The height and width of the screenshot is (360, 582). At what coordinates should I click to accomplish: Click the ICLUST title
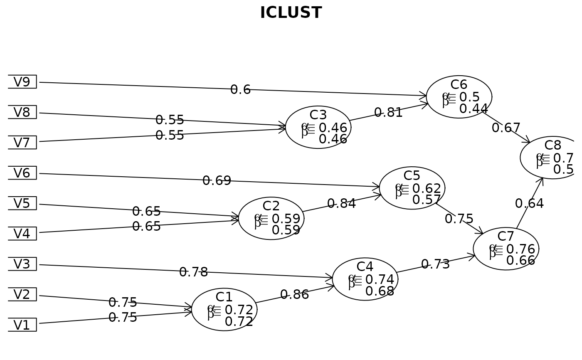point(291,13)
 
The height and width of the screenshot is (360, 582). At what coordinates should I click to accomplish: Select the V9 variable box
point(22,82)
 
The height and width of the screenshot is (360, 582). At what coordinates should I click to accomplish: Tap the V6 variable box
point(22,173)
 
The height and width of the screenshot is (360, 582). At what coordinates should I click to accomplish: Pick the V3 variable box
point(22,264)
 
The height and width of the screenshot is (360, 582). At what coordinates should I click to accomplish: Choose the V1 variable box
point(22,325)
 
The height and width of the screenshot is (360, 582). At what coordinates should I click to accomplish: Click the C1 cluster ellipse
point(224,310)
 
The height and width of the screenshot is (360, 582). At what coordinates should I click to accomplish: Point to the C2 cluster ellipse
point(271,218)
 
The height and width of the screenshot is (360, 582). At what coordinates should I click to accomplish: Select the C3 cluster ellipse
point(318,127)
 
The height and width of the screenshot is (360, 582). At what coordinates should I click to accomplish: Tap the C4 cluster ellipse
point(365,279)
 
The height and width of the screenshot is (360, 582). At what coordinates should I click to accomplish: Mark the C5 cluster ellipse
point(412,188)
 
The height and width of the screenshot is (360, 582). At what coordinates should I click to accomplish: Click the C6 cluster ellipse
point(459,97)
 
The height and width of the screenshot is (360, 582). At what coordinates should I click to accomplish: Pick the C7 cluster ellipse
point(506,249)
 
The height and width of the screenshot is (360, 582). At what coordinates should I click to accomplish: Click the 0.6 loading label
point(240,90)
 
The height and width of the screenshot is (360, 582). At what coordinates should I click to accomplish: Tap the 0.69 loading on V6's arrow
point(217,181)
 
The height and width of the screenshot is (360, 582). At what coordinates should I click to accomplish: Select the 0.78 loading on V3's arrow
point(193,272)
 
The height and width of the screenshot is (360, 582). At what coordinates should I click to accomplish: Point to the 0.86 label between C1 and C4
point(294,295)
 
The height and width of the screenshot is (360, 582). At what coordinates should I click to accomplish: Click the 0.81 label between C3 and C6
point(388,113)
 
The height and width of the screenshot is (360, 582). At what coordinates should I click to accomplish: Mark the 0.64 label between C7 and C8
point(529,204)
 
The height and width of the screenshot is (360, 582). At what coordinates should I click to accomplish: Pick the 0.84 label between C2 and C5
point(341,204)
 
